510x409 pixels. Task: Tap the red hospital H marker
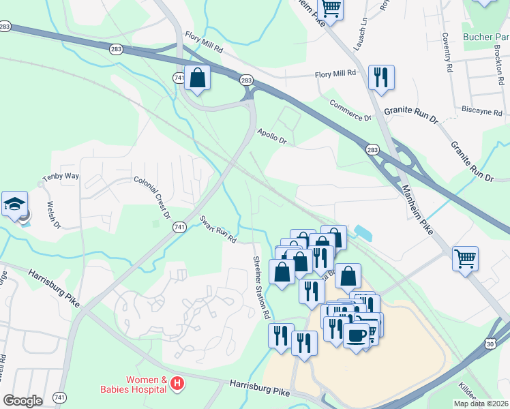coord(177,384)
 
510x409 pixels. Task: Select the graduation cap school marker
coord(14,204)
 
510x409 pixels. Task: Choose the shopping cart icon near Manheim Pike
coord(465,258)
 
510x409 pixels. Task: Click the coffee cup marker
coord(356,335)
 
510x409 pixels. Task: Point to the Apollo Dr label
coord(271,136)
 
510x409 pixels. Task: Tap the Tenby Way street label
coord(61,177)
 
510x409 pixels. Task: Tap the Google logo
coord(23,401)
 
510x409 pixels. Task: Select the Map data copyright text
coord(479,404)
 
